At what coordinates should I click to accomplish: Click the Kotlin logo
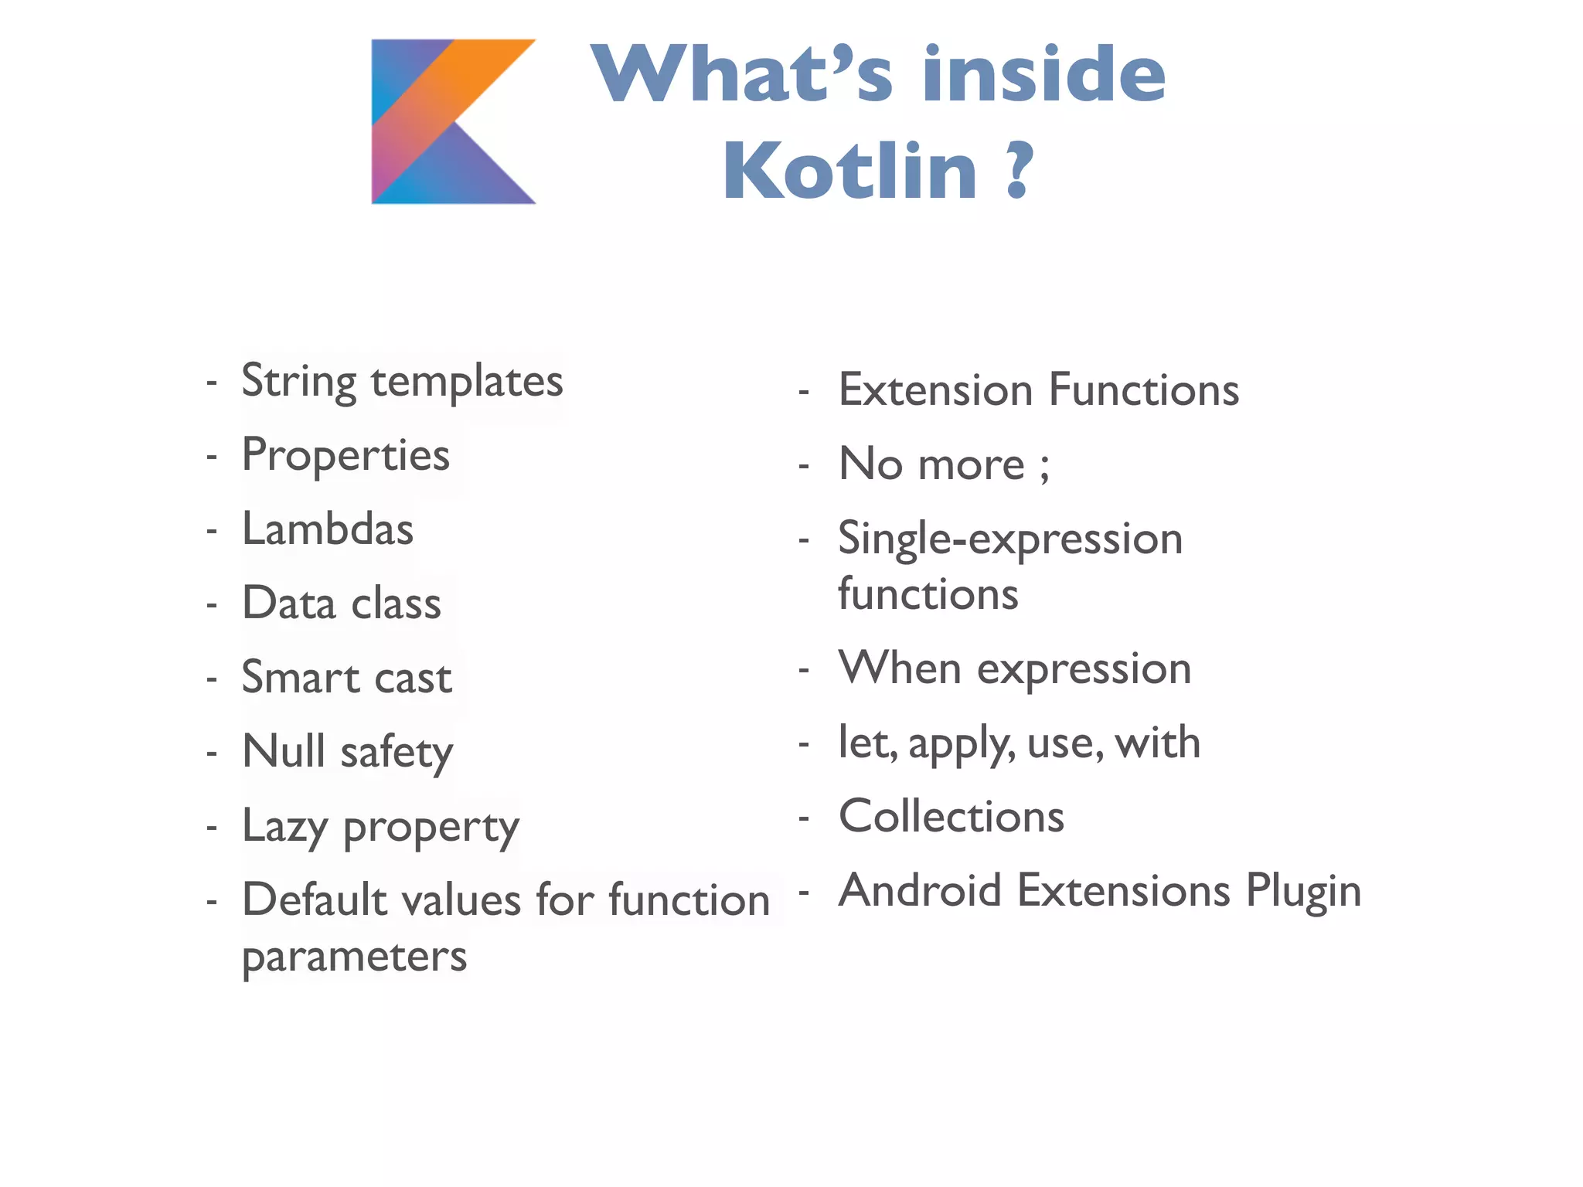[x=453, y=121]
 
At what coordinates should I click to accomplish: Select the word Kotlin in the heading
[x=849, y=171]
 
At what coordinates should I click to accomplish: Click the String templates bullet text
[x=402, y=381]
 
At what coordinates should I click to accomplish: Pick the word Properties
[x=346, y=455]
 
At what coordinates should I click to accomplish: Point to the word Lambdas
[x=328, y=529]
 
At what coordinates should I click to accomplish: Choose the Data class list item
[x=342, y=604]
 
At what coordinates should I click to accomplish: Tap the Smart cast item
[x=346, y=678]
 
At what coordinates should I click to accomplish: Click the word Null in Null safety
[x=284, y=751]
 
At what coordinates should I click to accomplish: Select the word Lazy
[x=284, y=827]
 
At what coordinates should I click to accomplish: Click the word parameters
[x=354, y=957]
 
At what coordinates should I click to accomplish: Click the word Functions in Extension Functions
[x=1144, y=389]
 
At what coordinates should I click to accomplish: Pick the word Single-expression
[x=1010, y=539]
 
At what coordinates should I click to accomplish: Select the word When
[x=900, y=668]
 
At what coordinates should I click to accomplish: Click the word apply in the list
[x=962, y=743]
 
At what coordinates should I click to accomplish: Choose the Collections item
[x=952, y=816]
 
